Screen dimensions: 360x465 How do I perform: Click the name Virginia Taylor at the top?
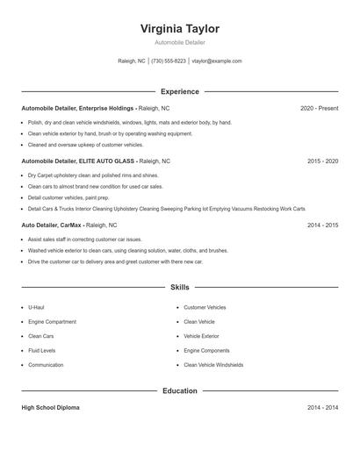180,28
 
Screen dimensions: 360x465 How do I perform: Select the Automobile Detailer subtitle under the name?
180,42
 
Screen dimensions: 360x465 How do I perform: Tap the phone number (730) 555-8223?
169,61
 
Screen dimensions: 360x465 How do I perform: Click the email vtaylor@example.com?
217,61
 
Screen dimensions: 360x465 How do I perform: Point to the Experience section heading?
180,91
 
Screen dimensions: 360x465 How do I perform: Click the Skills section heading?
180,287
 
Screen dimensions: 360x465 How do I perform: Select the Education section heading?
180,390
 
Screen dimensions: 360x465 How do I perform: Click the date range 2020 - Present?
319,109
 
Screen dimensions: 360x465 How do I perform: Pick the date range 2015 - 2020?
322,161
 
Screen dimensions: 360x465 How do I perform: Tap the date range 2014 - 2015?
322,225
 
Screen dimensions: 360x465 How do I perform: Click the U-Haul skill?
36,308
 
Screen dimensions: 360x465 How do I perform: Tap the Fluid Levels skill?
42,351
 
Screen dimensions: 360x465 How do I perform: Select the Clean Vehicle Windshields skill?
213,365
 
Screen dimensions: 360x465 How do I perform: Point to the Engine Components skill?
207,351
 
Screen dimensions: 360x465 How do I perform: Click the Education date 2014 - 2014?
322,408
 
